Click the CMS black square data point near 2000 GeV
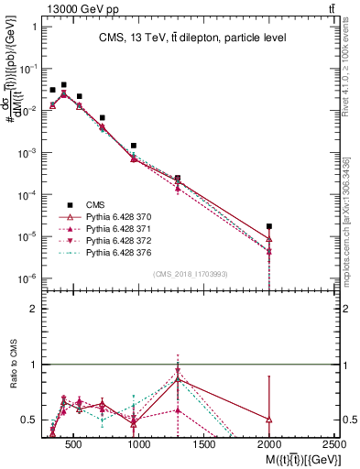[x=269, y=225]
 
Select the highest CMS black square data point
[x=63, y=84]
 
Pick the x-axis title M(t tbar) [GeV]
[x=291, y=458]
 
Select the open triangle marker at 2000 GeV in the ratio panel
[x=269, y=419]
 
